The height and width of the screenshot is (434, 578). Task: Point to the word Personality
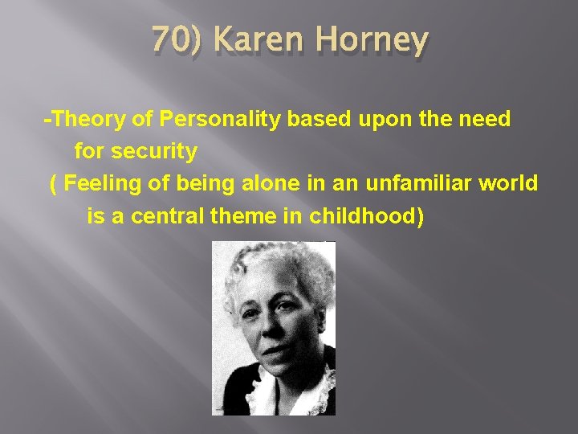[216, 121]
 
